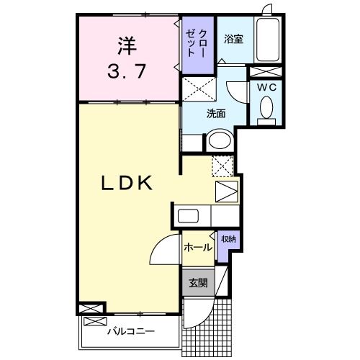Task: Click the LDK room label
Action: (x=125, y=184)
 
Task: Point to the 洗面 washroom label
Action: (x=216, y=113)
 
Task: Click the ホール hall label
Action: (x=197, y=248)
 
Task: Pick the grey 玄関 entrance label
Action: (x=197, y=283)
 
